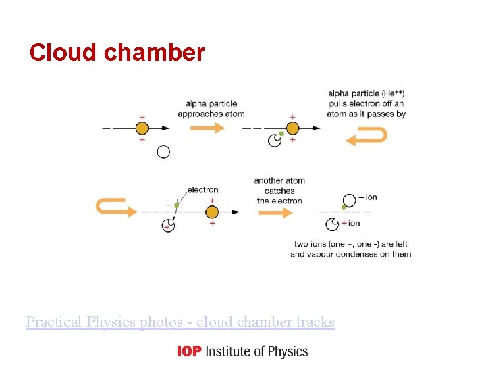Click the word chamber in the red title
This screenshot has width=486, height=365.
154,53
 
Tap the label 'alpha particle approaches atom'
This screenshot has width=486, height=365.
211,109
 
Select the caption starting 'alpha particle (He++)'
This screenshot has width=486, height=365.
366,103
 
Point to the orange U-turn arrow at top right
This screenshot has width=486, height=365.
367,137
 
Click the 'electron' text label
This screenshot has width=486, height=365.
202,190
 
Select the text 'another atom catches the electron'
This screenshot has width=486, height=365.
279,191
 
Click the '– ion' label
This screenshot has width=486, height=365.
368,197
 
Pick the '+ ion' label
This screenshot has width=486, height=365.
352,223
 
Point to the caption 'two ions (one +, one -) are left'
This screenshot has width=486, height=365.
350,243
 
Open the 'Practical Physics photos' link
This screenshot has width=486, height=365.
180,322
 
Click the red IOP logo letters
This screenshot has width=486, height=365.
189,351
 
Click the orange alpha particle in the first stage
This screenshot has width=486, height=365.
142,128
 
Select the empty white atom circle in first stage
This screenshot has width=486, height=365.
163,152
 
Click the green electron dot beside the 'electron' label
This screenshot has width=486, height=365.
176,205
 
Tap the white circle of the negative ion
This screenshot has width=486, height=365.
348,200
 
